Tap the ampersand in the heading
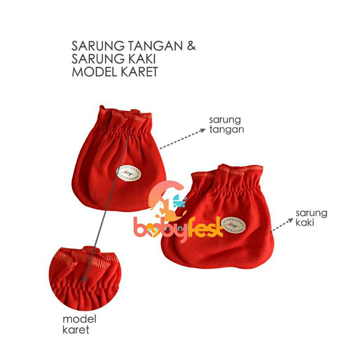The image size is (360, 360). pyautogui.click(x=191, y=46)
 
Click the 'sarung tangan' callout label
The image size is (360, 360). pyautogui.click(x=225, y=125)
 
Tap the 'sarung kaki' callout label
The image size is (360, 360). pyautogui.click(x=311, y=217)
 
